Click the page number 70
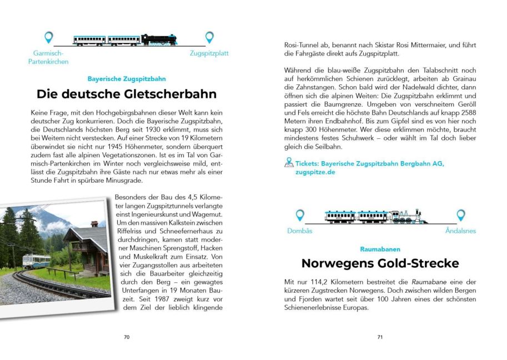(127, 337)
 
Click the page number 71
(380, 337)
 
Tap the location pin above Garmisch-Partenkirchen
(49, 38)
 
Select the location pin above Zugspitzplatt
(209, 38)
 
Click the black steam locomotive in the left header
(159, 39)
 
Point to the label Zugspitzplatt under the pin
(209, 54)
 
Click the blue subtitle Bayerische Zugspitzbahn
(127, 79)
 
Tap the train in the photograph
(34, 261)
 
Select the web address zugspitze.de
(315, 172)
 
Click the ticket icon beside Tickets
(288, 163)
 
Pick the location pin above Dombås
(300, 215)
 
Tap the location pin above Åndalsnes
(460, 215)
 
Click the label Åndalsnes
(460, 231)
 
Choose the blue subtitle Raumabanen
(380, 249)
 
